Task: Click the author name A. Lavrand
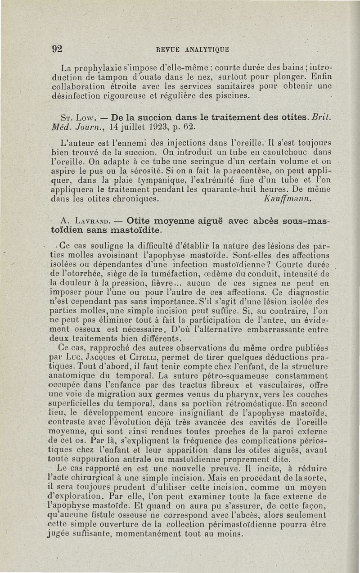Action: [x=89, y=221]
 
